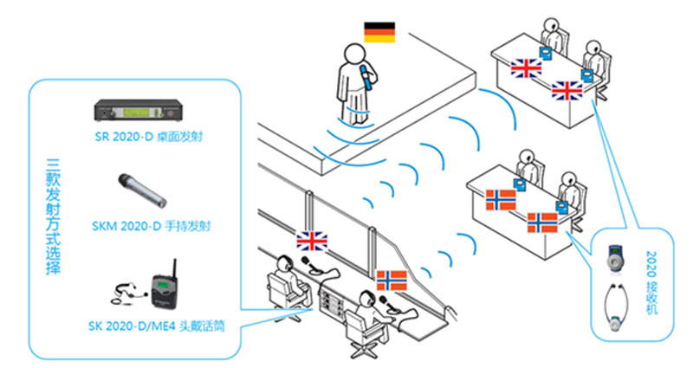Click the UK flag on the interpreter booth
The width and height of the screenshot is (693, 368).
coord(309,241)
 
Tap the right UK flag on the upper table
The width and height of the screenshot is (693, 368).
coord(567,90)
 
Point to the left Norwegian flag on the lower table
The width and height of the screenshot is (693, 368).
coord(502,200)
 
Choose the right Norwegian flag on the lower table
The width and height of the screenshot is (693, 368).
coord(542,222)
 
